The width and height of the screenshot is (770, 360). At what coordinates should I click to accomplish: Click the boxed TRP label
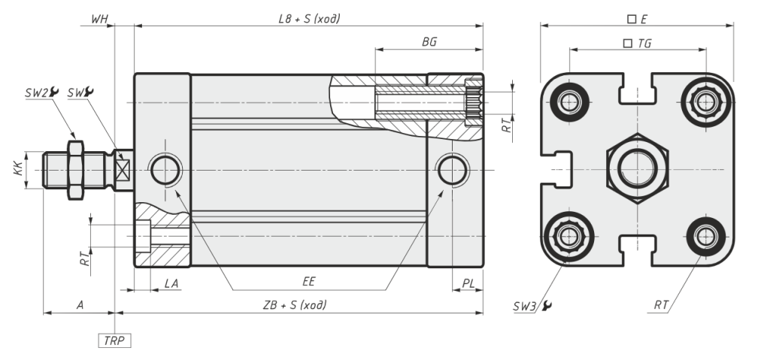[x=114, y=340]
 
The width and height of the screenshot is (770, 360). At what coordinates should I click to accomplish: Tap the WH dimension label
[x=100, y=19]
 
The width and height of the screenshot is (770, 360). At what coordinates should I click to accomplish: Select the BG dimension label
[x=429, y=42]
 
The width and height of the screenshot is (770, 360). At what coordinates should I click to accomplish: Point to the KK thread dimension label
[x=18, y=170]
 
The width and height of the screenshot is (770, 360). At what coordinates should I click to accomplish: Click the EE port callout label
[x=309, y=281]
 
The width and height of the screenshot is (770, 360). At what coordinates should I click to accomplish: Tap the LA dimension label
[x=171, y=283]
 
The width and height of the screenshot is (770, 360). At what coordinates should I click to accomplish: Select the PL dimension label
[x=468, y=283]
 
